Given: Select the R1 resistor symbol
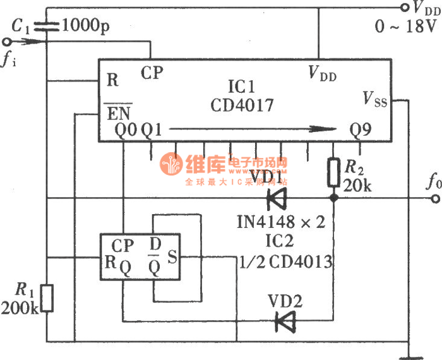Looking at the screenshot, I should (47, 298).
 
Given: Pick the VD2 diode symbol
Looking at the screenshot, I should (285, 321).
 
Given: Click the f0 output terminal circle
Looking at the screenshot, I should (434, 198).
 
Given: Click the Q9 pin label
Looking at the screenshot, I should (361, 130).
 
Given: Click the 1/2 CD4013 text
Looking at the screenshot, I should (285, 261).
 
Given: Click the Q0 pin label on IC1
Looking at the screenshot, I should (125, 131).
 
